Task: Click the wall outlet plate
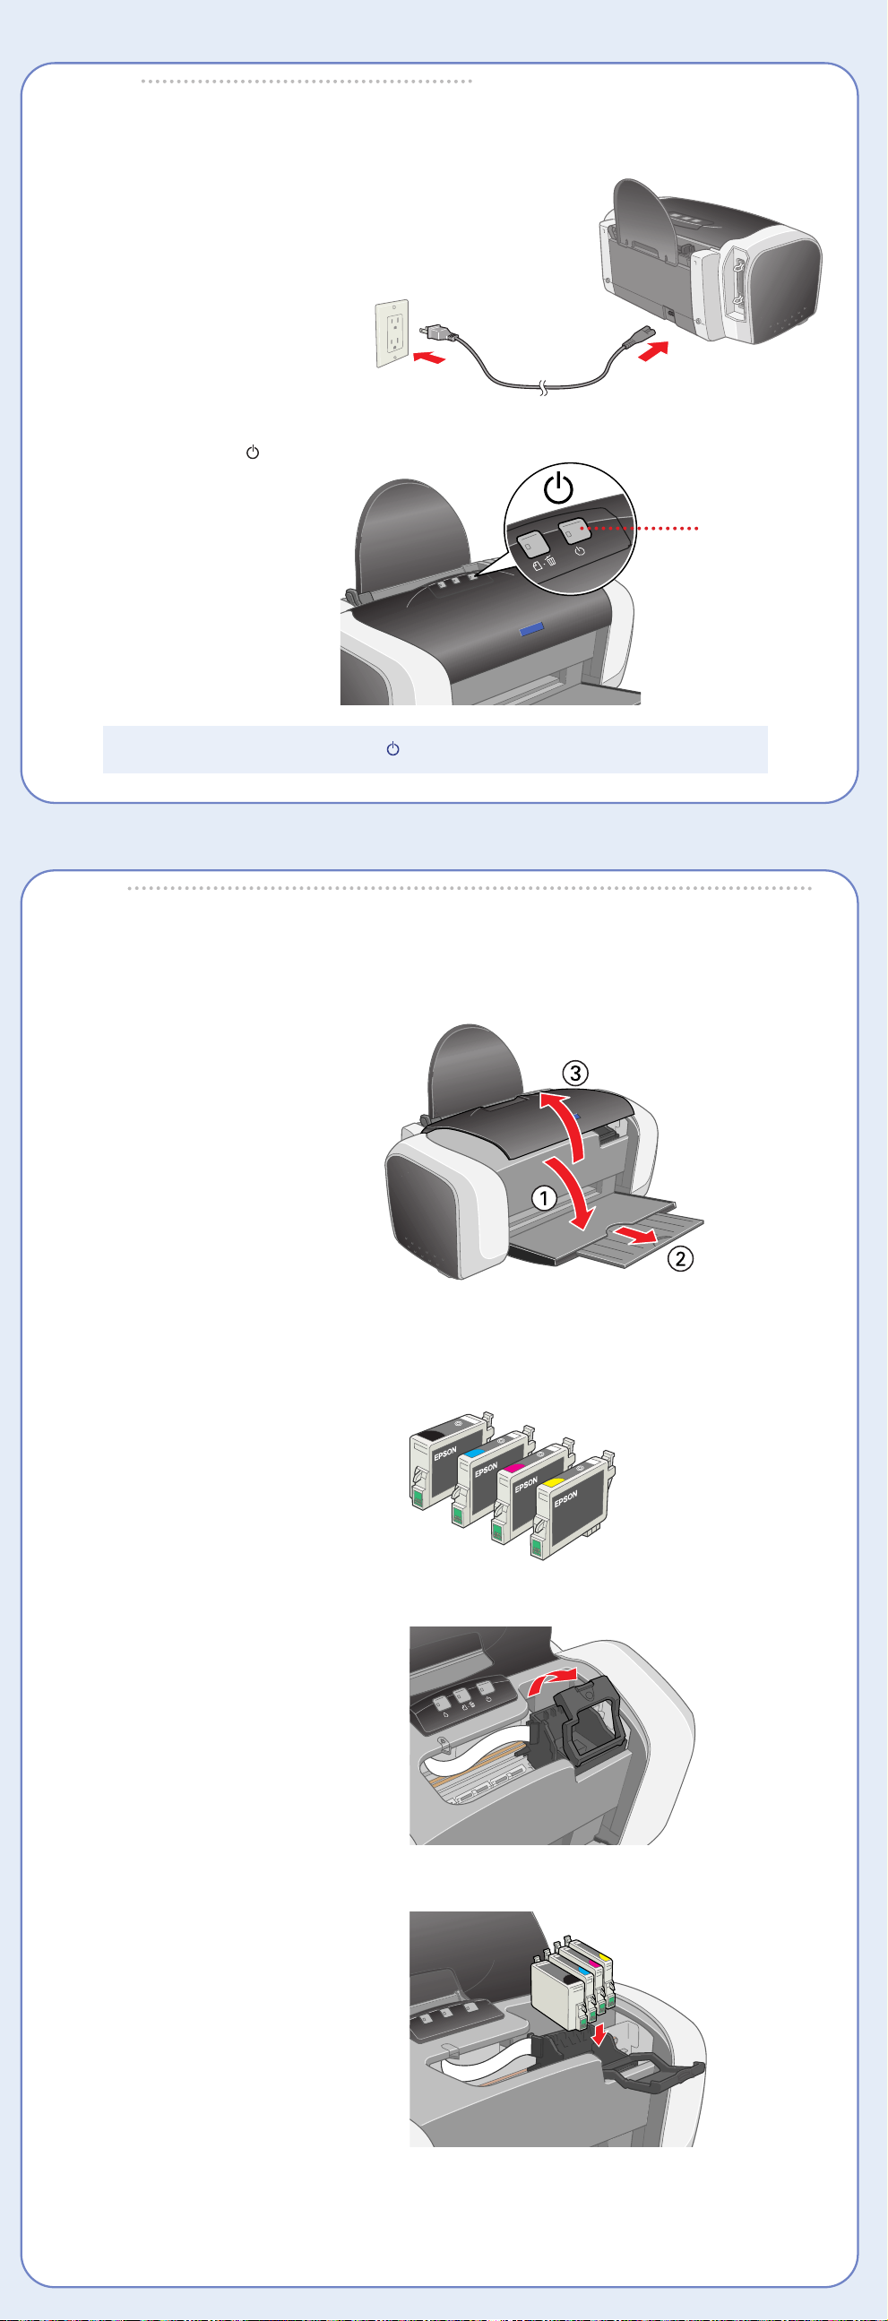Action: pyautogui.click(x=392, y=333)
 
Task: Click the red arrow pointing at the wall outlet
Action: pyautogui.click(x=428, y=358)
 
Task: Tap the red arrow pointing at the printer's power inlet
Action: pyautogui.click(x=653, y=351)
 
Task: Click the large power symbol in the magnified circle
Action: pyautogui.click(x=558, y=488)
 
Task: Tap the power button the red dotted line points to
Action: pyautogui.click(x=574, y=530)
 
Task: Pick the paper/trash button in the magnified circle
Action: pyautogui.click(x=533, y=543)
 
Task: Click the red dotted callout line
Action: pyautogui.click(x=641, y=529)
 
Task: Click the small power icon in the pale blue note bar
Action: pyautogui.click(x=392, y=749)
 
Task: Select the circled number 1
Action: pyautogui.click(x=543, y=1198)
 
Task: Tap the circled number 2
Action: pyautogui.click(x=680, y=1258)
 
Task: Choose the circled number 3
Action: pyautogui.click(x=575, y=1073)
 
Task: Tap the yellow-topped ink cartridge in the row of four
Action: pyautogui.click(x=573, y=1506)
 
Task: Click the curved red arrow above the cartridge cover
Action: pyautogui.click(x=551, y=1682)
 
